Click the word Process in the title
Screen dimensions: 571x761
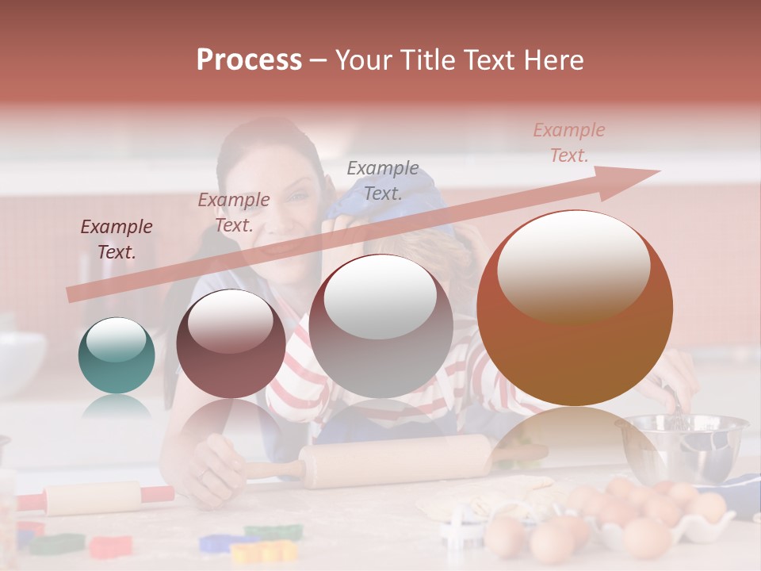tap(249, 60)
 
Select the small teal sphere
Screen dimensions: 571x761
tap(117, 355)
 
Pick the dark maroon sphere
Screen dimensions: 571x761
tap(231, 343)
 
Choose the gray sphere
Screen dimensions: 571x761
tap(380, 326)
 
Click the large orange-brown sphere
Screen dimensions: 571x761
tap(574, 308)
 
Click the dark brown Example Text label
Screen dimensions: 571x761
tap(117, 240)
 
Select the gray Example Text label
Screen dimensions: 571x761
tap(383, 181)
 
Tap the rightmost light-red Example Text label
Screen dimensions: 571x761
tap(569, 143)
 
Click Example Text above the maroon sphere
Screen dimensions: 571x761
tap(234, 213)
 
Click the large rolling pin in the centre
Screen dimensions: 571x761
tap(396, 461)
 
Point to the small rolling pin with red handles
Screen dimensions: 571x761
tap(94, 498)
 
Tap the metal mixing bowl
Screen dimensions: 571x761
tap(683, 447)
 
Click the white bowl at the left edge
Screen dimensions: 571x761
tap(17, 362)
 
